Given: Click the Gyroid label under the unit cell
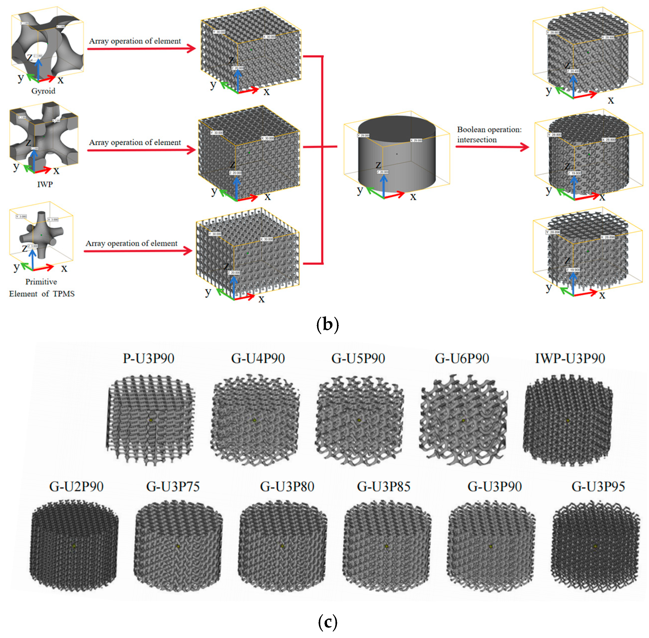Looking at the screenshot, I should [43, 91].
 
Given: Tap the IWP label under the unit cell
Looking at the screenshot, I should [45, 184].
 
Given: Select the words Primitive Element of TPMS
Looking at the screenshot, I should [42, 287].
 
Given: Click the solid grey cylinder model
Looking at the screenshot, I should [397, 154].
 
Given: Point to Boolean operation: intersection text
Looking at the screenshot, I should [489, 134].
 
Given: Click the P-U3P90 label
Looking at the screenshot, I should [148, 358].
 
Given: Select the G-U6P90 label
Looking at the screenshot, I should [462, 358].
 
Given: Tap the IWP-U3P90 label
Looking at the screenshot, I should [570, 358].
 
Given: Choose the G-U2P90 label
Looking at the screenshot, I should [76, 486].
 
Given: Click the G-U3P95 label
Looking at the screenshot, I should [598, 486].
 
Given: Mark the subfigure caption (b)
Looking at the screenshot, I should [327, 324].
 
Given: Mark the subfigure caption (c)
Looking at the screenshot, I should [327, 622].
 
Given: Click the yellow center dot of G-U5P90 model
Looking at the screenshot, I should [359, 420].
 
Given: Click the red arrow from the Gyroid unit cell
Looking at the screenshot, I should [141, 49].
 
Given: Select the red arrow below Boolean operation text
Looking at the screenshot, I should [492, 147].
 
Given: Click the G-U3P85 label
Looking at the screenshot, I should [384, 486].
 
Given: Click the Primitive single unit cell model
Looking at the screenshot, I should [41, 235].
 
